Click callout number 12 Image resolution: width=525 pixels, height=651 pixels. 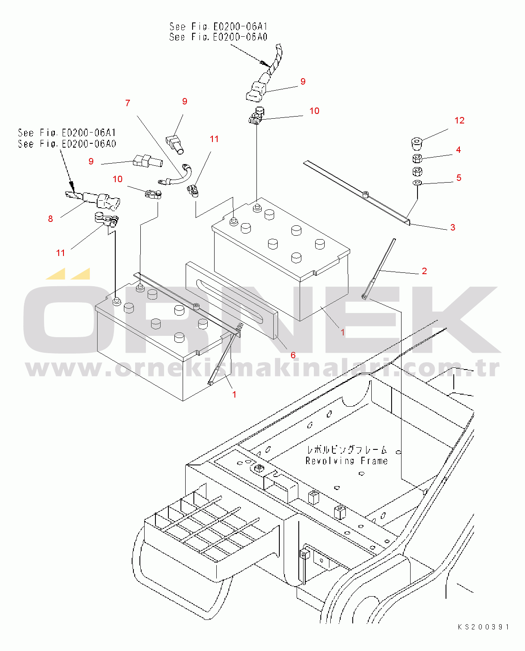click(x=459, y=120)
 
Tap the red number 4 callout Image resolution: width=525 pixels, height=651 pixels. click(x=459, y=150)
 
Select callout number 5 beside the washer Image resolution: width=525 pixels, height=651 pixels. click(x=459, y=178)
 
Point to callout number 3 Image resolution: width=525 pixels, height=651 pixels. click(x=452, y=228)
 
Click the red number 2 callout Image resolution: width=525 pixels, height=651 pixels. click(x=424, y=271)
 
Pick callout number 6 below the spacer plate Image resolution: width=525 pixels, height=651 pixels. click(x=293, y=355)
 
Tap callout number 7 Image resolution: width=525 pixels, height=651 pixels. click(x=128, y=103)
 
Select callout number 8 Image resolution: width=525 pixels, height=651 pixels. click(x=51, y=219)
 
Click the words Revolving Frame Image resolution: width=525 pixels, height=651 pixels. click(x=346, y=461)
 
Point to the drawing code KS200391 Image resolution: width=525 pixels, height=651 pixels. click(x=484, y=627)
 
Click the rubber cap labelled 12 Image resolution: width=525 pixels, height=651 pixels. click(x=417, y=143)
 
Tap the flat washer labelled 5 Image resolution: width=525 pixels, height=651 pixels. click(x=417, y=183)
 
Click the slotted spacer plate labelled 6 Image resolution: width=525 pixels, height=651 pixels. click(x=231, y=300)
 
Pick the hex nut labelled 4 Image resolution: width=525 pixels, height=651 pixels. click(x=417, y=158)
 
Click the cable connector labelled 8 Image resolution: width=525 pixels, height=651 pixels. click(x=94, y=199)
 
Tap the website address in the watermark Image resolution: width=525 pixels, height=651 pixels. click(x=262, y=368)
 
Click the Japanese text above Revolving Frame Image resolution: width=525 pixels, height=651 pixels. click(x=347, y=450)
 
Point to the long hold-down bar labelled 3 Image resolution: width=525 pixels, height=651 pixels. click(x=357, y=193)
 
